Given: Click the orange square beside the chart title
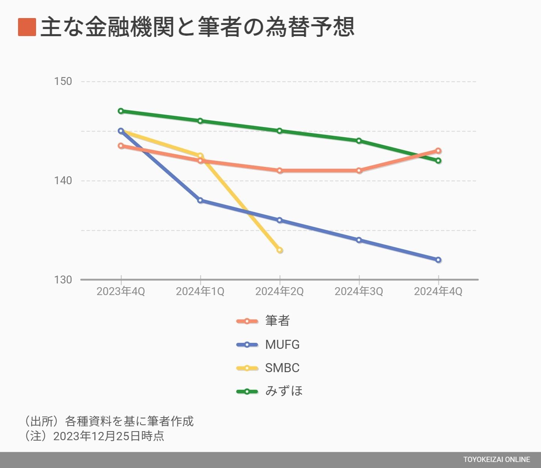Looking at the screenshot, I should coord(27,27).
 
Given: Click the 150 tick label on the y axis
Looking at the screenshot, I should coord(63,81).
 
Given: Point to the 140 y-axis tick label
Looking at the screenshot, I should coord(63,180).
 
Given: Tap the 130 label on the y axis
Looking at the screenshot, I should coord(63,280).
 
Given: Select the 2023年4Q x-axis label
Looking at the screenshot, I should coord(121,291).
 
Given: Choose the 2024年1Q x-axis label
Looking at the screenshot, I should coord(200,291).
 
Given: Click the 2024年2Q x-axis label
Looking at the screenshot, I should coord(280,291).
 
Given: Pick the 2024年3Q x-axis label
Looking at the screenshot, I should coord(359,291).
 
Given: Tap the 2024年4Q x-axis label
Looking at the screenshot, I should coord(438,291).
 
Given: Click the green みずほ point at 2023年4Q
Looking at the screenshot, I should coord(121,111).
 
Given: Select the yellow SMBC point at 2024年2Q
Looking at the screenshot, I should coord(280,250).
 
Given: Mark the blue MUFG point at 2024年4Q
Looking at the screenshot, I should coord(438,260).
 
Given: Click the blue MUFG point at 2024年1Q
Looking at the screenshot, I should coord(200,200).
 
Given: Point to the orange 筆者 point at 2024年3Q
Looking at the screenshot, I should coord(359,171).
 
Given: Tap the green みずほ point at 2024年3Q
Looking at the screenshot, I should coord(359,141).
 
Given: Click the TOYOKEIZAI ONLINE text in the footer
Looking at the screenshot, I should coord(496,459).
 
